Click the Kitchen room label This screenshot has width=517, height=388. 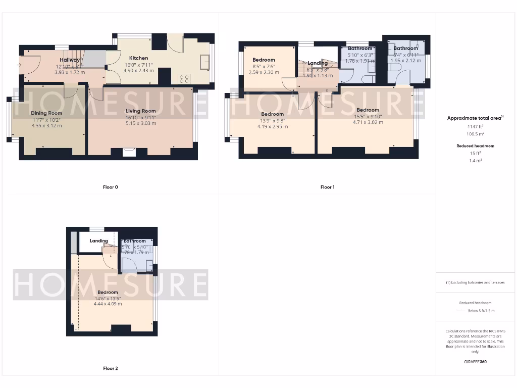click(x=138, y=58)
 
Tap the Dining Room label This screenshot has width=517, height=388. click(x=46, y=113)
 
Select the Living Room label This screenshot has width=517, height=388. click(x=141, y=111)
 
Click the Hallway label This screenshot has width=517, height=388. click(x=70, y=60)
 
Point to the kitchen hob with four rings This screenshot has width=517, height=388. click(x=184, y=78)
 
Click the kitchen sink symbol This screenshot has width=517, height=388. click(x=205, y=62)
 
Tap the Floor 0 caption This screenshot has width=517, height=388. click(x=110, y=187)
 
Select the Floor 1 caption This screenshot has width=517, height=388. click(x=327, y=187)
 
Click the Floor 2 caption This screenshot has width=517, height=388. click(x=110, y=369)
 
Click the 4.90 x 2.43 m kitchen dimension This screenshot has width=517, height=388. click(x=138, y=71)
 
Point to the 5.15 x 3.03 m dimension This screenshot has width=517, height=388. click(x=141, y=123)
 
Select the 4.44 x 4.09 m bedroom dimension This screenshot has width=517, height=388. click(x=108, y=304)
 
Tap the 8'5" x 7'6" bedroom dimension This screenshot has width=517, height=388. click(x=264, y=66)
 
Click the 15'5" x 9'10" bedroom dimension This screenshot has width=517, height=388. click(x=367, y=116)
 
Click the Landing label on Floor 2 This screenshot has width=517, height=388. click(x=99, y=241)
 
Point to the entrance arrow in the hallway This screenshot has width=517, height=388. click(x=20, y=65)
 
